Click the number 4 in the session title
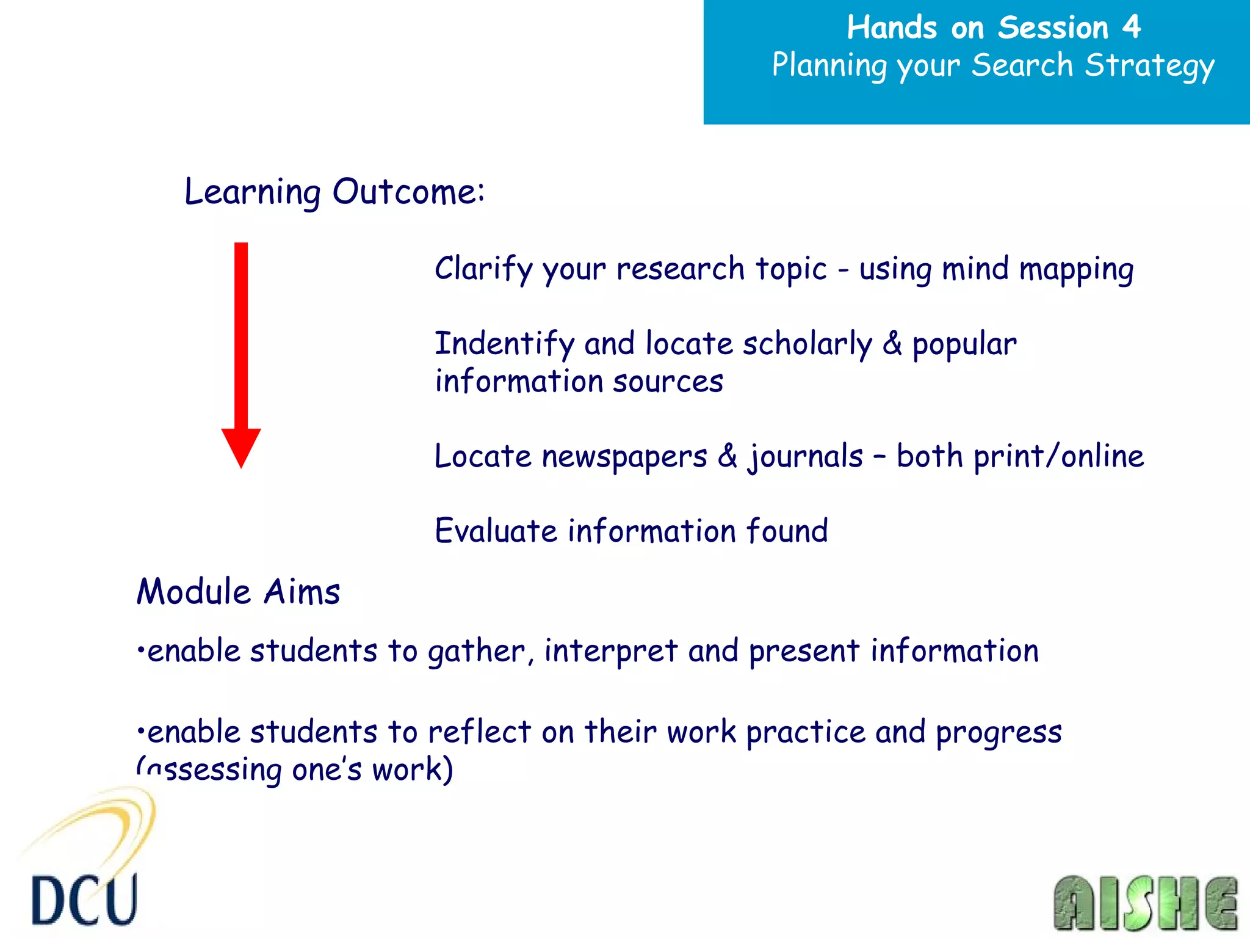coord(1131,27)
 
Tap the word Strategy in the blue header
coord(1149,66)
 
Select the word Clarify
coord(484,269)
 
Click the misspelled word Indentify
coord(504,344)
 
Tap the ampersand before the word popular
coord(892,344)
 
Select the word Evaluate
coord(496,531)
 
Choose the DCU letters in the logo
coord(84,900)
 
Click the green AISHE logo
coord(1145,903)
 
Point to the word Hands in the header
coord(892,28)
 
